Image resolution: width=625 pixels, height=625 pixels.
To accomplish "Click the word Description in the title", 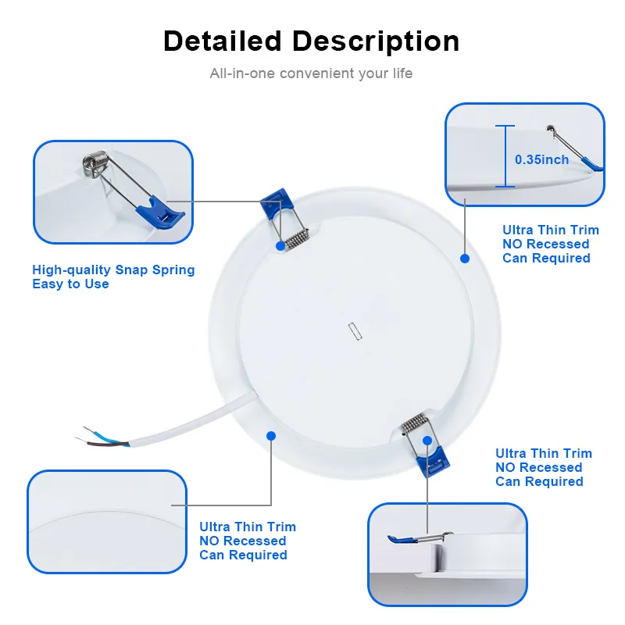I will pyautogui.click(x=381, y=41).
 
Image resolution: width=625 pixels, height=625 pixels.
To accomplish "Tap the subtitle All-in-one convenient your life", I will pyautogui.click(x=311, y=73).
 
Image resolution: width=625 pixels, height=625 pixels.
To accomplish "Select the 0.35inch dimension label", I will pyautogui.click(x=541, y=159).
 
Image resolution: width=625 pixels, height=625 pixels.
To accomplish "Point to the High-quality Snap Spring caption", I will pyautogui.click(x=113, y=270).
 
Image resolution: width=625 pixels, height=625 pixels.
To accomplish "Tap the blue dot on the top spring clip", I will pyautogui.click(x=280, y=245).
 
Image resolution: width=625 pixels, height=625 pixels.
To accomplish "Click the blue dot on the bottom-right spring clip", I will pyautogui.click(x=427, y=441).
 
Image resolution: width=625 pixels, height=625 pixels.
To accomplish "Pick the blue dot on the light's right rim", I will pyautogui.click(x=464, y=258).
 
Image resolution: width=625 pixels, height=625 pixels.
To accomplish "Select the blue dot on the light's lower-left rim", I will pyautogui.click(x=271, y=435).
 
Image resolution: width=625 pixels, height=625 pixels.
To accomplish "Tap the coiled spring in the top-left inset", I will pyautogui.click(x=95, y=162).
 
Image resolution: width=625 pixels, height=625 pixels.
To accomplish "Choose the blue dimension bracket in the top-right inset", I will pyautogui.click(x=505, y=156).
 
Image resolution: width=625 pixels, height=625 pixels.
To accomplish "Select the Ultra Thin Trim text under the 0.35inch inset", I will pyautogui.click(x=550, y=230).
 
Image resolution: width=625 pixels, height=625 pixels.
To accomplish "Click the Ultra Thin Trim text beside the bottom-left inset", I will pyautogui.click(x=248, y=527).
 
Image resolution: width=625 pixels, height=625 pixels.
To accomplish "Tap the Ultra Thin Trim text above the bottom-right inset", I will pyautogui.click(x=544, y=453).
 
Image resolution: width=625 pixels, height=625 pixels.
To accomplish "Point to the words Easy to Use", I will pyautogui.click(x=70, y=284).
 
